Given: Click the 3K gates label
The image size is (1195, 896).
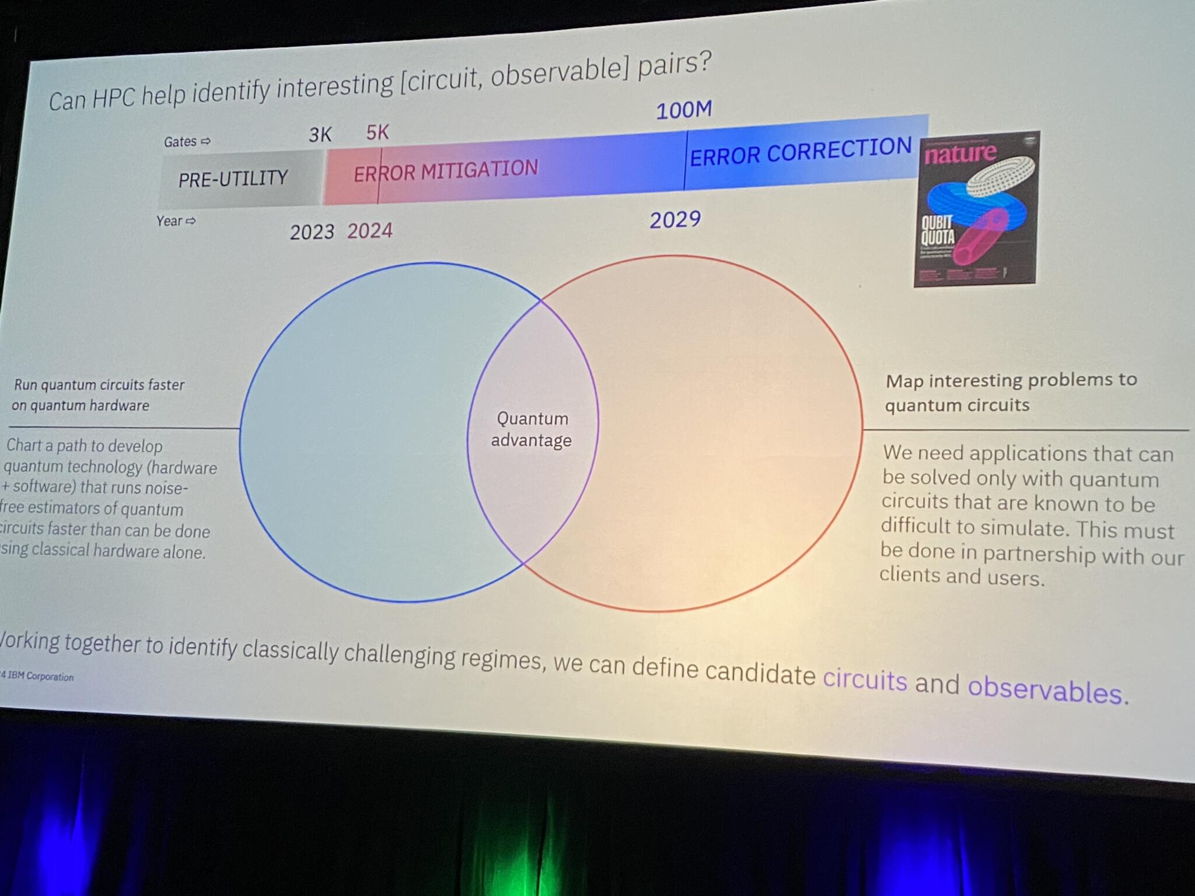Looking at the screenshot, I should click(x=320, y=135).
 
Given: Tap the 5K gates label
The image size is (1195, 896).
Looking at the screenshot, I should click(x=377, y=133).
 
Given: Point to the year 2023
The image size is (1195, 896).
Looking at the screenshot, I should click(x=312, y=232).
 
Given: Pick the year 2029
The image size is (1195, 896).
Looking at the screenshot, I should click(x=675, y=220).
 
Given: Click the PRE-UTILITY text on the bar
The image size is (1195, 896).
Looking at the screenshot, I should click(x=233, y=178).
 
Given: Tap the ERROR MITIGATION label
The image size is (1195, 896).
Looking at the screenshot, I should click(x=446, y=171).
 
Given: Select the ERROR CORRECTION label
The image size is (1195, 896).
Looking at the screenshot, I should click(x=801, y=152).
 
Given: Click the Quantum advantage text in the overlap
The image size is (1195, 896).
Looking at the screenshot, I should click(x=532, y=429).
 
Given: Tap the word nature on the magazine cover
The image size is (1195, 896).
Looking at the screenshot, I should click(x=960, y=153).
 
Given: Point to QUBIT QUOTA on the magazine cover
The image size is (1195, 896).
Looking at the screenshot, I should click(x=938, y=230).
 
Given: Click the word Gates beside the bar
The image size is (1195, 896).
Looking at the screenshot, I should click(x=180, y=142).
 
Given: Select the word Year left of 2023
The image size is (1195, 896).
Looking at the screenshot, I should click(x=169, y=221).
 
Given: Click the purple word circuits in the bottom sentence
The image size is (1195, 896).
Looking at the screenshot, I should click(x=865, y=680).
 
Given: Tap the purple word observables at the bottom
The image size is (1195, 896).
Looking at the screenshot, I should click(x=1044, y=690).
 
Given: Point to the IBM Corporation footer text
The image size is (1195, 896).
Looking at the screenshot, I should click(x=39, y=677).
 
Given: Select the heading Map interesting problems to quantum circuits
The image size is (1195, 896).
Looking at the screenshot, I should click(x=1011, y=392).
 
